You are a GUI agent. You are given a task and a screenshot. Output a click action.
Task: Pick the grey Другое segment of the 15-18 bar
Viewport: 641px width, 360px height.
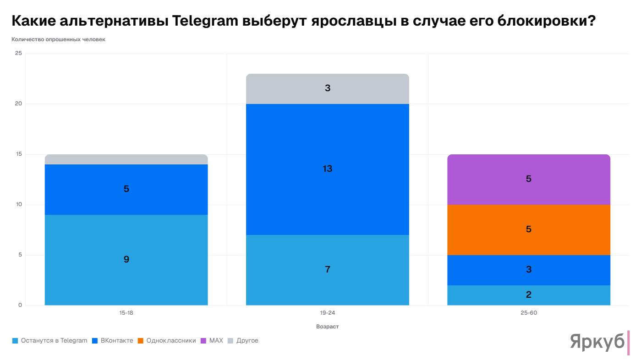[x=126, y=159]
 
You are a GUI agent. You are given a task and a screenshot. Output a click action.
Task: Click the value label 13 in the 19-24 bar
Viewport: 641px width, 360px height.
[x=327, y=169]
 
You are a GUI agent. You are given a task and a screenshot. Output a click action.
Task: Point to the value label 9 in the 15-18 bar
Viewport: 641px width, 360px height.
[x=126, y=259]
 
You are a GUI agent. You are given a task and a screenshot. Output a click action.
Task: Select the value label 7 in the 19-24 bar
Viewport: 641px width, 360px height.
[x=327, y=269]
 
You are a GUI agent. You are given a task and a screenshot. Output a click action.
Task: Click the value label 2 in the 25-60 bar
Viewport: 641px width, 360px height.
[x=528, y=295]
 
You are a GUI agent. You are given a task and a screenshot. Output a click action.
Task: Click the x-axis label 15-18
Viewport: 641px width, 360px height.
[x=126, y=313]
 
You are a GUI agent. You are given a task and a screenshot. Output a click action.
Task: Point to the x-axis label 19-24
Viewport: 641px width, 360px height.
[x=327, y=313]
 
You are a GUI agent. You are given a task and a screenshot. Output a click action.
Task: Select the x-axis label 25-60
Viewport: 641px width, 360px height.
[x=528, y=313]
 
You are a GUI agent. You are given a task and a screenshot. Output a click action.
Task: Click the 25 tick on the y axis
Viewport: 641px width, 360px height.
[x=18, y=54]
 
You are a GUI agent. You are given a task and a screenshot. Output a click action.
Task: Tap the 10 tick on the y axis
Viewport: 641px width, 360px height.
[x=18, y=205]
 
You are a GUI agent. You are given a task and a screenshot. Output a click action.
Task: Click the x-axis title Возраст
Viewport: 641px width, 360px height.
[x=327, y=327]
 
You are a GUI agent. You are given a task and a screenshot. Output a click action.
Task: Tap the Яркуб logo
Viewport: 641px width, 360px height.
[x=597, y=342]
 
